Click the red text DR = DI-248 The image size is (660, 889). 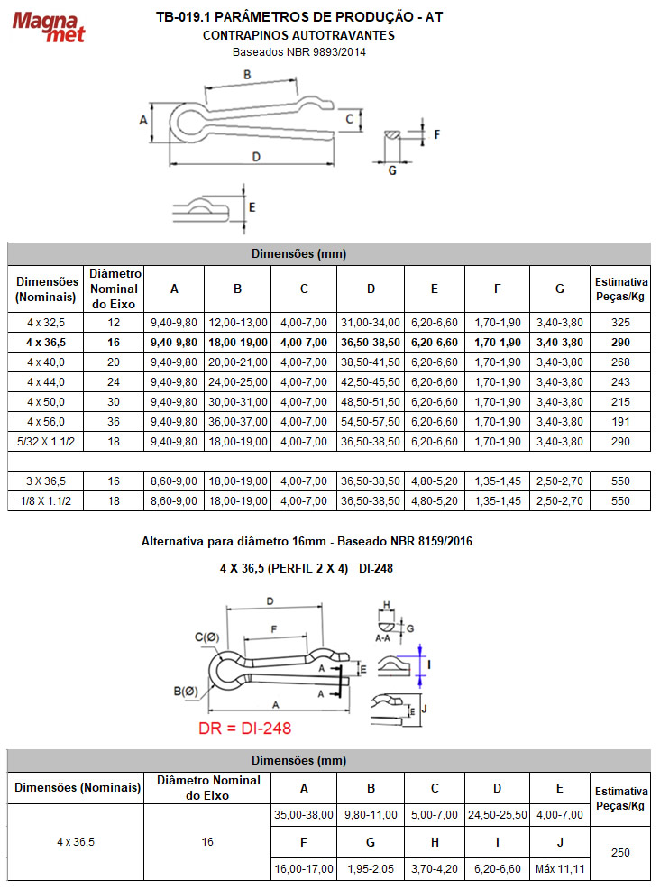click(x=244, y=728)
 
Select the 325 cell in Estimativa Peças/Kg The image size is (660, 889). click(x=620, y=322)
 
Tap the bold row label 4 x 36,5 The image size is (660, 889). click(x=47, y=343)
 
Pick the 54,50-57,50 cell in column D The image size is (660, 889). click(x=371, y=421)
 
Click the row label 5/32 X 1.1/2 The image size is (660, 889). click(x=47, y=441)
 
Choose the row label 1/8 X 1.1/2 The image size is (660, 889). click(x=47, y=500)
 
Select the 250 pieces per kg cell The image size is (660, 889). click(x=620, y=852)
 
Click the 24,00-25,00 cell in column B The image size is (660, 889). click(x=237, y=382)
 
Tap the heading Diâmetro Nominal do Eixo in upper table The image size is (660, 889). click(x=114, y=288)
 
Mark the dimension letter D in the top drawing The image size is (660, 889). click(x=256, y=156)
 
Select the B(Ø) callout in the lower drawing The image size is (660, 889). click(x=186, y=692)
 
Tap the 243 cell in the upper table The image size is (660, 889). click(x=620, y=382)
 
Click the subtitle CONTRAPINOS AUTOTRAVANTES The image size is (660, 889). click(x=298, y=35)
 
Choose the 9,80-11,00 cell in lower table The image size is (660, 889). click(x=371, y=814)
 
